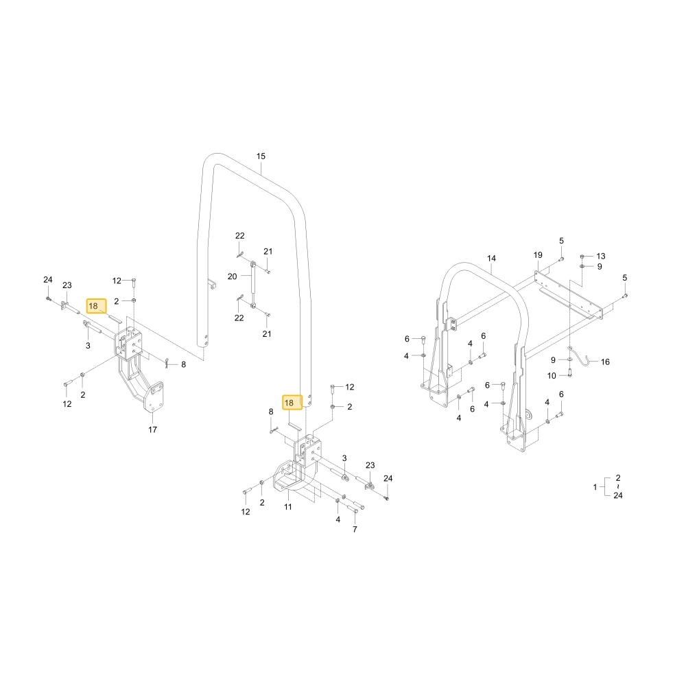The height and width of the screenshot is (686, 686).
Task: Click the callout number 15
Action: coord(261,156)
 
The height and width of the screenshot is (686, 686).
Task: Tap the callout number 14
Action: coord(491,258)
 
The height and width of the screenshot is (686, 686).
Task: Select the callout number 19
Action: coord(538,255)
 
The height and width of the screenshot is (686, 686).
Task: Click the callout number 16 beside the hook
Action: coord(605,362)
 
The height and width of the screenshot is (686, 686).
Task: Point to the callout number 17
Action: coord(152,429)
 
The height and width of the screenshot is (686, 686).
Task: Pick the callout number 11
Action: coord(288,507)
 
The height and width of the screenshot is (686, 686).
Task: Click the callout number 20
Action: coord(233,276)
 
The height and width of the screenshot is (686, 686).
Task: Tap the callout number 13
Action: coord(601,256)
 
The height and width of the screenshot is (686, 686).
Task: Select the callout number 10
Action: coord(552,376)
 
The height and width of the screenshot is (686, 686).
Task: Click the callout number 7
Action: coord(355,530)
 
